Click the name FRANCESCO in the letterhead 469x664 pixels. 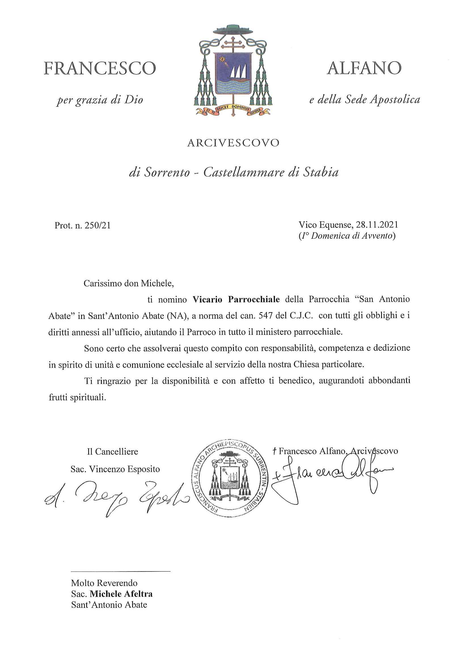(x=100, y=69)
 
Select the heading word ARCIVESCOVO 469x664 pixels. (x=233, y=143)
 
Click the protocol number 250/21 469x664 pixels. (x=98, y=225)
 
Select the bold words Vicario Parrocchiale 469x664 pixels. (x=236, y=299)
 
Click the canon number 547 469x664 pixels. (x=265, y=316)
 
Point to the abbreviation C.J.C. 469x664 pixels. (x=301, y=316)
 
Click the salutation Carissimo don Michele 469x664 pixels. (x=128, y=283)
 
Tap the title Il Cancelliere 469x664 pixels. (x=113, y=451)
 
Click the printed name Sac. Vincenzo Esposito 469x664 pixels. (x=115, y=469)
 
